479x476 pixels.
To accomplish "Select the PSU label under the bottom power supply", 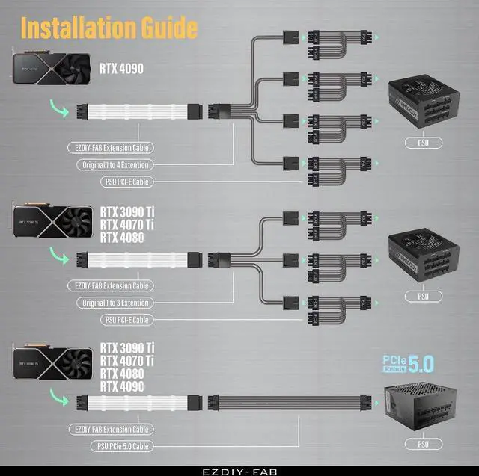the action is click(x=424, y=445).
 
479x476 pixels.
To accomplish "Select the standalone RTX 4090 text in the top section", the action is click(x=122, y=69).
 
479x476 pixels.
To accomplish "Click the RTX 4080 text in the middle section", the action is click(x=122, y=238).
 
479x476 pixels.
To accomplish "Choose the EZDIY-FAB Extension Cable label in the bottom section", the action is click(x=112, y=430).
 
